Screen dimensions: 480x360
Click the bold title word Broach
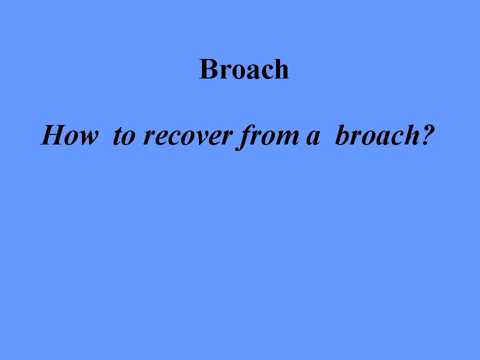click(244, 69)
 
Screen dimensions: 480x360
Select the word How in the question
click(70, 135)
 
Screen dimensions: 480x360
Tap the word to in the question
click(124, 136)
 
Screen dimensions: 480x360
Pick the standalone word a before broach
click(313, 137)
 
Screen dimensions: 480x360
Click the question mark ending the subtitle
click(428, 135)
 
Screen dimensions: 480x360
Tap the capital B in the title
click(209, 69)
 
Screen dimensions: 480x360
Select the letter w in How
click(88, 137)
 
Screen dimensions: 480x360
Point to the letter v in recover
click(201, 137)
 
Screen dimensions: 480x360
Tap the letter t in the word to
click(118, 136)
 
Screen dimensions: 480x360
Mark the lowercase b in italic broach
click(343, 135)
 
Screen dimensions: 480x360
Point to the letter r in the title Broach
click(227, 72)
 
